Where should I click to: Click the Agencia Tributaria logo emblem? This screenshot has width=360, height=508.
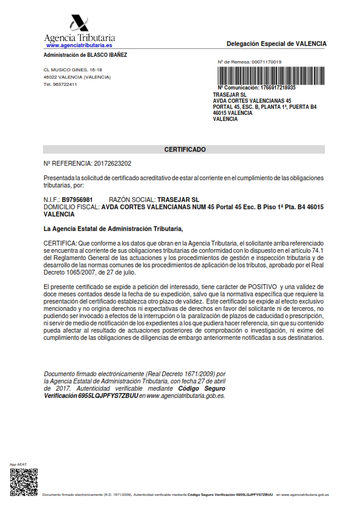coord(79,22)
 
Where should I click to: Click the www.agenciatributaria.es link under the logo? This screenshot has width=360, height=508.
coord(79,45)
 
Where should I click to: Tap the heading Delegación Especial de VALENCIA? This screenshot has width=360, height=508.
coord(276,44)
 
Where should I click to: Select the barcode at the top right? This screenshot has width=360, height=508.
coord(272,76)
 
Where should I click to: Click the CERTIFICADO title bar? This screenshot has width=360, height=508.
coord(185,149)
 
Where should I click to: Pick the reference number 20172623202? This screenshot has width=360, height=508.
coord(109,163)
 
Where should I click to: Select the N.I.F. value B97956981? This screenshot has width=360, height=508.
coord(77,200)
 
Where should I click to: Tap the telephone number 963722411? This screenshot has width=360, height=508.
coord(64,84)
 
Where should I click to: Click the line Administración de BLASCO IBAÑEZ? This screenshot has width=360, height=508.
coord(85,55)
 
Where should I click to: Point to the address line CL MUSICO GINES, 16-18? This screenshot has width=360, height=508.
coord(69,70)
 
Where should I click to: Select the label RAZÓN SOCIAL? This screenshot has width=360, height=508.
coord(132,200)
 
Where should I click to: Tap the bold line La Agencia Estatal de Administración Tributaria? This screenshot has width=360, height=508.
coord(113,229)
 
